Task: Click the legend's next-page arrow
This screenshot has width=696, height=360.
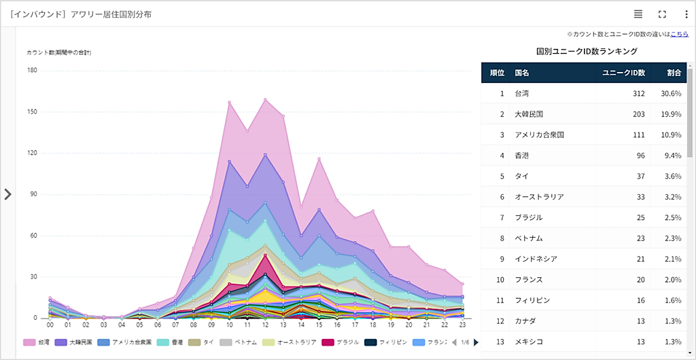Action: click(x=476, y=342)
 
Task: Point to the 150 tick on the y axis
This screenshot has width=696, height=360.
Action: click(x=32, y=111)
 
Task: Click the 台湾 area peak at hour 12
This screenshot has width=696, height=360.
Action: click(x=265, y=99)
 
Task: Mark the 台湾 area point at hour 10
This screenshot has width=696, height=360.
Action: click(x=230, y=103)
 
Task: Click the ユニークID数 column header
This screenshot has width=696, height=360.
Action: click(x=624, y=73)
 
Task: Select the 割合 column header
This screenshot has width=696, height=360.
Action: click(x=674, y=73)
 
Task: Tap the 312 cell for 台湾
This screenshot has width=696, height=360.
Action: click(x=638, y=94)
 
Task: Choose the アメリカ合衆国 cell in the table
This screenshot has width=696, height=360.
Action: click(x=540, y=135)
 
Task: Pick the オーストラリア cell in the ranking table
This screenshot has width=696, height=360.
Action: click(x=540, y=197)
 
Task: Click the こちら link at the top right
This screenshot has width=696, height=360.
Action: click(x=679, y=34)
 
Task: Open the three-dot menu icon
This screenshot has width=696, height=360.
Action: click(x=686, y=14)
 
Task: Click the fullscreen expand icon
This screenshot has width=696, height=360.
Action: click(x=662, y=14)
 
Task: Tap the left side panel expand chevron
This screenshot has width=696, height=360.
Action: click(x=8, y=194)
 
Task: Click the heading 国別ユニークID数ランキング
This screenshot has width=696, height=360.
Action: click(x=586, y=51)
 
